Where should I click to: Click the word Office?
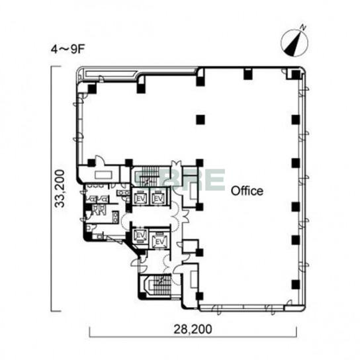tap(247, 191)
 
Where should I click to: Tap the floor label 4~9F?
tap(67, 49)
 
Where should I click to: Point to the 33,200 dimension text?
tap(60, 189)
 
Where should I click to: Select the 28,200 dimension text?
tap(193, 330)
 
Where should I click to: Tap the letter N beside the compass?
tap(303, 28)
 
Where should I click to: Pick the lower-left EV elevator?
tap(140, 235)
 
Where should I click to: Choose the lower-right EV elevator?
tap(160, 242)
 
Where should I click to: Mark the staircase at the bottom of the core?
tap(156, 286)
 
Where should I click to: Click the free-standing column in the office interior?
tap(201, 119)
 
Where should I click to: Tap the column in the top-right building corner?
tap(296, 74)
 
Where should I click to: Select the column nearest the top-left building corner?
tap(91, 89)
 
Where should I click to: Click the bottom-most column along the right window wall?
tap(296, 285)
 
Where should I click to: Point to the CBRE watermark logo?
tap(179, 179)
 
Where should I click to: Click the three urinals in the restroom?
tap(99, 210)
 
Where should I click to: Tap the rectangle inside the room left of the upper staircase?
tap(104, 175)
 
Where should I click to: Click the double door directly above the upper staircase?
tap(176, 164)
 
